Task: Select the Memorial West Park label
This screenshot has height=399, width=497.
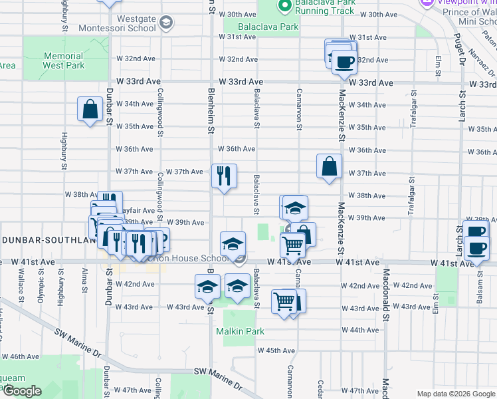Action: [x=63, y=61]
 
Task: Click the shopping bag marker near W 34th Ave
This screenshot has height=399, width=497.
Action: [x=90, y=109]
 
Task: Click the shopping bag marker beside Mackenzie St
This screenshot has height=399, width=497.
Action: [x=330, y=167]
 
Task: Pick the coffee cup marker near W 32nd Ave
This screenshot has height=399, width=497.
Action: [x=344, y=62]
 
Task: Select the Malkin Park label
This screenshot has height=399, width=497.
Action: [x=239, y=331]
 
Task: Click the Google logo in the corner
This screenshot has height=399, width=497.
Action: [x=22, y=391]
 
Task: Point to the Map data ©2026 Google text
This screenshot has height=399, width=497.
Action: [x=455, y=394]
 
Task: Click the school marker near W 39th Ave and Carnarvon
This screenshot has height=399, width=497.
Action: [x=294, y=208]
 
